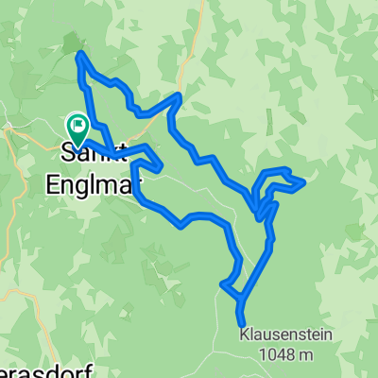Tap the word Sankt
pyautogui.click(x=82, y=151)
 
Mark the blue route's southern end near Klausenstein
pyautogui.click(x=241, y=322)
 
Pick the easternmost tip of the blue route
pyautogui.click(x=303, y=182)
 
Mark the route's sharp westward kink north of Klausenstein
pyautogui.click(x=223, y=283)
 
